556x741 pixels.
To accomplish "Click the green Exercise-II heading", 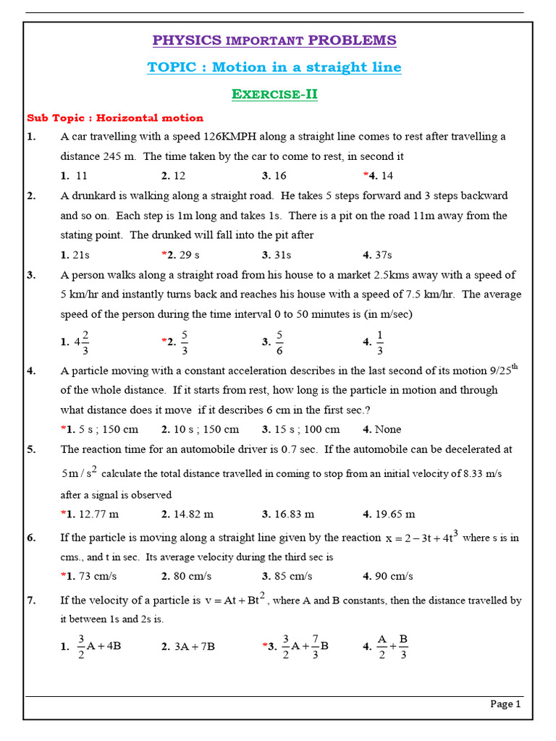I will pos(274,94).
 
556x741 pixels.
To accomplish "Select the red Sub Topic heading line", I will pos(115,117).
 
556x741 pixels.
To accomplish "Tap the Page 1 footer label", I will pos(505,703).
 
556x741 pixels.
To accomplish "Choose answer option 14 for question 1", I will pos(382,176).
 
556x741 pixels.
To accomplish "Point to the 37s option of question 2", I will pos(381,255).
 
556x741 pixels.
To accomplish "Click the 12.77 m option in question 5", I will pos(96,514).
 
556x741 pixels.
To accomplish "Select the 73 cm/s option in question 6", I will pos(95,576).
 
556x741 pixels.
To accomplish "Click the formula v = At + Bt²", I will pos(235,599).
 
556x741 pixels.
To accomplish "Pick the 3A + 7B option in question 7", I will pos(194,646).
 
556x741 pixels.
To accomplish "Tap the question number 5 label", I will pos(31,449).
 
